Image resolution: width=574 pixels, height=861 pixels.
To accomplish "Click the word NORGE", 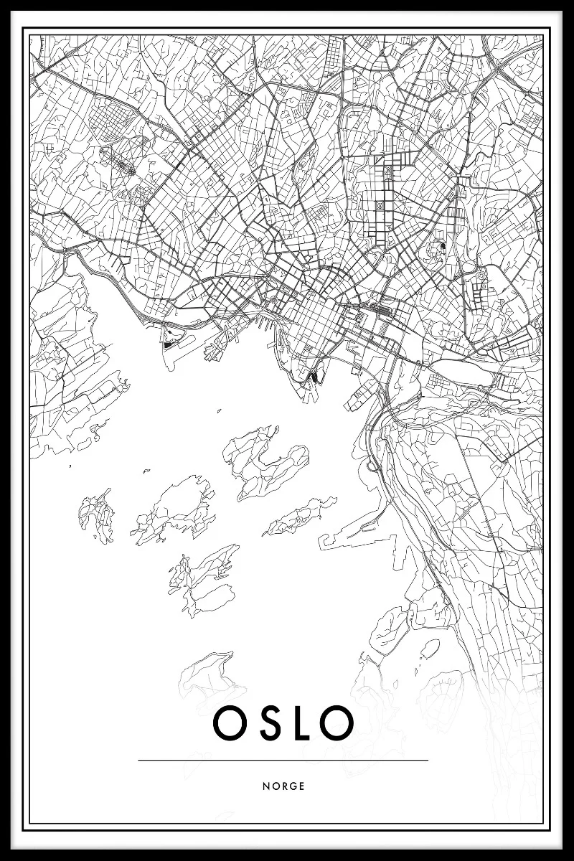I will pyautogui.click(x=283, y=786).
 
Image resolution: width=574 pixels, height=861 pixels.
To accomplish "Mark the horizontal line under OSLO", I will pyautogui.click(x=283, y=760).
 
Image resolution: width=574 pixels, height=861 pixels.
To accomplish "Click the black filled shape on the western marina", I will pyautogui.click(x=169, y=344).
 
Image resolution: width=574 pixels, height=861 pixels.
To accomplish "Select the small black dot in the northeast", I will pyautogui.click(x=443, y=246).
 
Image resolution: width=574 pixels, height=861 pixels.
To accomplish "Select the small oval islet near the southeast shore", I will pyautogui.click(x=429, y=649).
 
